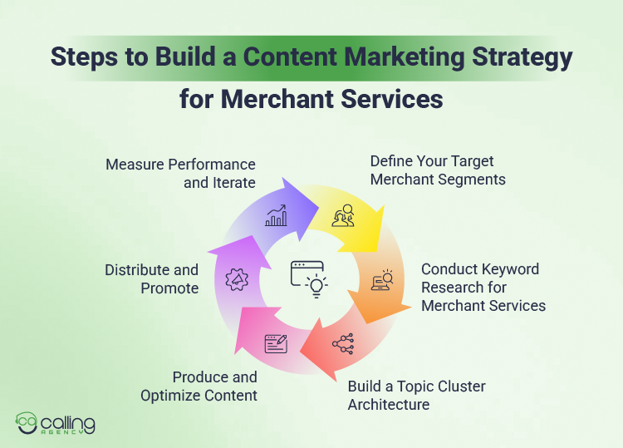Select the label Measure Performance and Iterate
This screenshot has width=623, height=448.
[x=181, y=173]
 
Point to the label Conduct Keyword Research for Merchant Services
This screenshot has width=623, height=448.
[x=483, y=288]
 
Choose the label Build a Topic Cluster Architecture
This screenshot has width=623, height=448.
[x=416, y=396]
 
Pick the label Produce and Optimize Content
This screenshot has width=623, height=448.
[x=199, y=386]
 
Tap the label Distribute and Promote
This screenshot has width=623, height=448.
[x=152, y=278]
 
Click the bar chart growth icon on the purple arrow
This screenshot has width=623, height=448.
[x=277, y=216]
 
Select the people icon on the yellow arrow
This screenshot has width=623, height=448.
[x=344, y=216]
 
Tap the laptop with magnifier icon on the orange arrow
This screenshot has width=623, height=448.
[x=383, y=279]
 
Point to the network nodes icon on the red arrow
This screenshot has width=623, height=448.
[x=342, y=343]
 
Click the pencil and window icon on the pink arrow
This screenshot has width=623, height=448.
[x=276, y=342]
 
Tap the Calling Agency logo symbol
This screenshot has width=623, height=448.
[x=29, y=424]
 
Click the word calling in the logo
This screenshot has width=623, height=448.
[x=70, y=421]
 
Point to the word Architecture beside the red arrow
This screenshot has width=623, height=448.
[x=389, y=405]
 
